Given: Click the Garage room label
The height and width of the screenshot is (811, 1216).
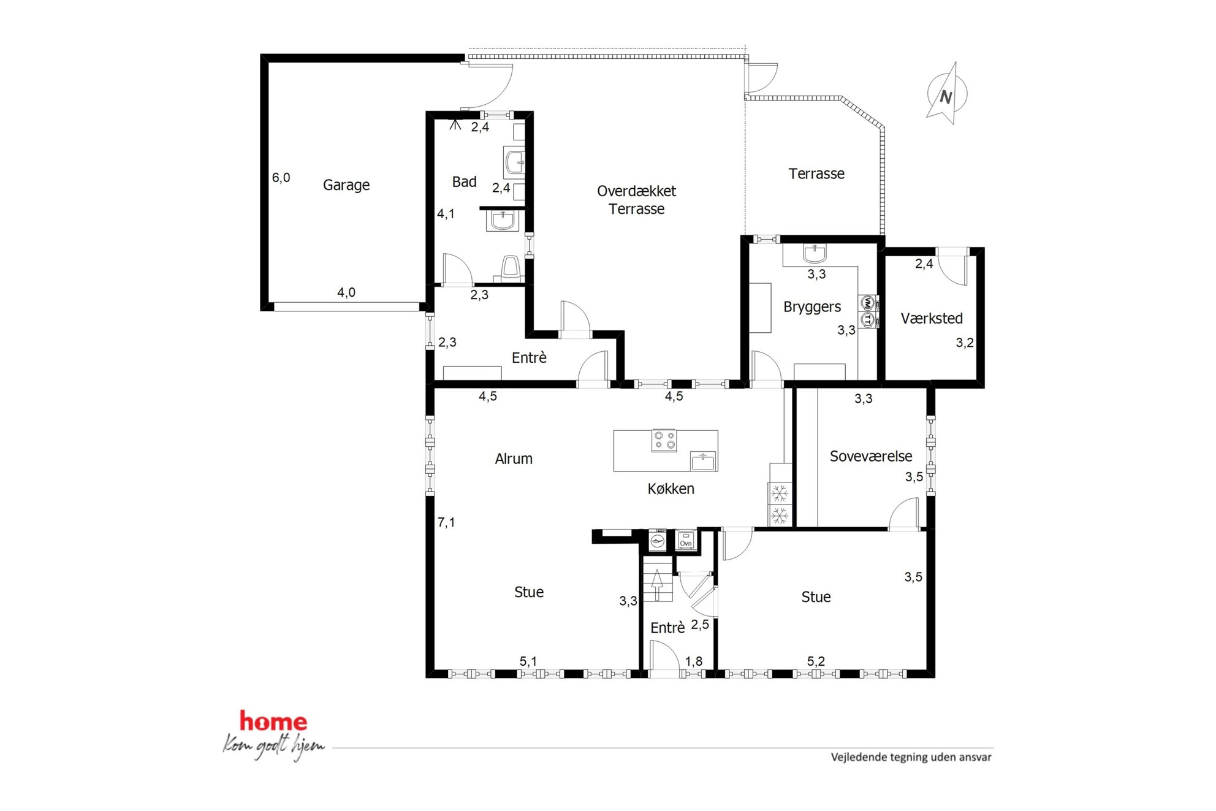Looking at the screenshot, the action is point(346,185).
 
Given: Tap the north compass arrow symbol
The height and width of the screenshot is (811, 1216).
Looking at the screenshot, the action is point(946,94).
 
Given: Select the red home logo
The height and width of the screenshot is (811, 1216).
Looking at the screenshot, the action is point(273,722).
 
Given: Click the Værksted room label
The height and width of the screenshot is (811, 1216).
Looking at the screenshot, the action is point(932,318).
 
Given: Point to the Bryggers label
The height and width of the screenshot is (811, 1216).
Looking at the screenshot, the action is point(812,307).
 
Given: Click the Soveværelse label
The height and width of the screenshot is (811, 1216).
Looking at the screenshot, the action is point(871,456).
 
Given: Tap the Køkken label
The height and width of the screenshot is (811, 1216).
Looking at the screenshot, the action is point(671,489).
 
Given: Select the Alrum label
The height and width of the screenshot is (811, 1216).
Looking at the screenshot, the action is point(514,459).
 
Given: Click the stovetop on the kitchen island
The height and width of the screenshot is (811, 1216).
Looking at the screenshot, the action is point(664,440).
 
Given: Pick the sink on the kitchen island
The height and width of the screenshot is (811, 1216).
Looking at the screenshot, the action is point(703,461).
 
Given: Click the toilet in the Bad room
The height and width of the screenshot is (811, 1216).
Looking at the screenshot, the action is point(510,268).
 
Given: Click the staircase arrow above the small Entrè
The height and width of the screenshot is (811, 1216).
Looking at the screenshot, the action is point(657,585).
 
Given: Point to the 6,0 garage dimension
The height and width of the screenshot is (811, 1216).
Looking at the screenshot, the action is point(281,178).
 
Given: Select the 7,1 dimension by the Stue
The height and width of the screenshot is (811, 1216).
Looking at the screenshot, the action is point(446,522).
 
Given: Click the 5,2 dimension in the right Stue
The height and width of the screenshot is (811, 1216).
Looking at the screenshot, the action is point(816,661).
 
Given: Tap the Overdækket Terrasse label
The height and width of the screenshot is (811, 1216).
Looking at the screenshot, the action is point(637,200).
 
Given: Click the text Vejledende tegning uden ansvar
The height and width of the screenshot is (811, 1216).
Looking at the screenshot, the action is point(911,757).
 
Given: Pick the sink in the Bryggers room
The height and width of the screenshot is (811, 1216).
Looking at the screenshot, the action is point(815,253).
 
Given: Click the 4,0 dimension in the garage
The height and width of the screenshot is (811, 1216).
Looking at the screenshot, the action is point(346,292).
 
